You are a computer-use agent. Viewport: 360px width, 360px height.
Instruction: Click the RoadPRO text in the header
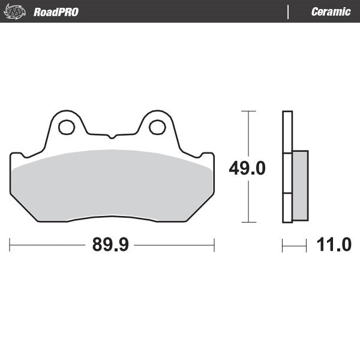56,12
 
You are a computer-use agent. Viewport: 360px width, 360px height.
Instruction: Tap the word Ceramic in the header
331,12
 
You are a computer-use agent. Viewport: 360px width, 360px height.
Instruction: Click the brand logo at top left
16,11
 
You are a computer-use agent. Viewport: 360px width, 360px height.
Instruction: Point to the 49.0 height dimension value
247,169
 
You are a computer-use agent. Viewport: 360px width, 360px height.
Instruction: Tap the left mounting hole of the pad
65,127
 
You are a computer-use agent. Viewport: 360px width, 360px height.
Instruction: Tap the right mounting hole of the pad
157,127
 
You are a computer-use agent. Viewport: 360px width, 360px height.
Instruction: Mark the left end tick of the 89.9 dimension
10,245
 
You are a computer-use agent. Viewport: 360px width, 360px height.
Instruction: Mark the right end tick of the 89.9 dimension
214,245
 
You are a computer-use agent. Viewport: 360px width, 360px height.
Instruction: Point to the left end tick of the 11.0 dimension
283,245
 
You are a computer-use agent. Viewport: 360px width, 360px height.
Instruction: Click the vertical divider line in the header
289,11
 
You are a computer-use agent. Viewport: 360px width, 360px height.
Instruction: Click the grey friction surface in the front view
112,183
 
